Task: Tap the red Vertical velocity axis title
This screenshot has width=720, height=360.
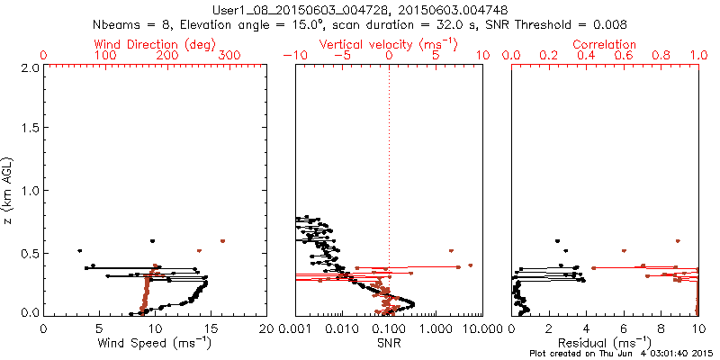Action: (x=388, y=44)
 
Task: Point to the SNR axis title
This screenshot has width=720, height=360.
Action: (x=388, y=342)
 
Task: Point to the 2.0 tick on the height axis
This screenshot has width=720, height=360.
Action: (x=29, y=67)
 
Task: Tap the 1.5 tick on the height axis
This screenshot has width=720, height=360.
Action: (x=29, y=129)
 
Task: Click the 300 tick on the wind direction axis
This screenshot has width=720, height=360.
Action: (x=229, y=56)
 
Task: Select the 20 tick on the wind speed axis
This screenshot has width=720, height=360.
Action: (x=266, y=328)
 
